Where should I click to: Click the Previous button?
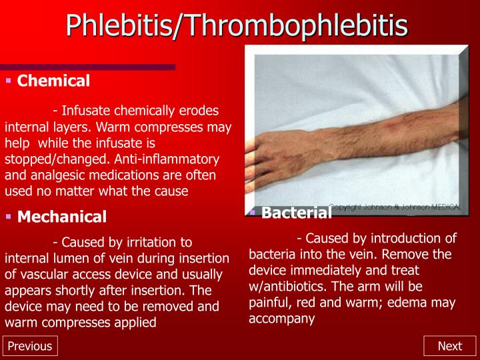click(x=29, y=346)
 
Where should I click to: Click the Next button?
click(x=449, y=346)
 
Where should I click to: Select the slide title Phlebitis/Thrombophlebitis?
click(x=237, y=25)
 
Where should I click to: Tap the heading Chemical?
click(x=53, y=81)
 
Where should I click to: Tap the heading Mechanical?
click(x=62, y=217)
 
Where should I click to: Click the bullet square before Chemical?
click(x=9, y=81)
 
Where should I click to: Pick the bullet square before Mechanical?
click(x=9, y=217)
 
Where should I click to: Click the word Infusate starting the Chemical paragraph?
click(x=86, y=110)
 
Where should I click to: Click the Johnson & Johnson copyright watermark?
click(x=395, y=208)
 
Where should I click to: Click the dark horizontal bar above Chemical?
click(x=87, y=67)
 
